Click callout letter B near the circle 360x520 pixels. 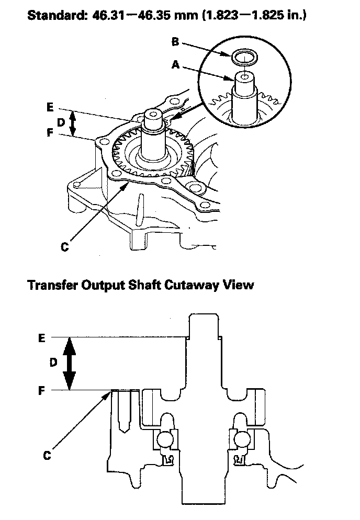pyautogui.click(x=175, y=42)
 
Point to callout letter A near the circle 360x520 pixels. pyautogui.click(x=176, y=65)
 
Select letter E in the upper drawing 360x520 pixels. pyautogui.click(x=50, y=107)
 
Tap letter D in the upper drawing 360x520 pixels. pyautogui.click(x=61, y=122)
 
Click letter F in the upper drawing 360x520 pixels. pyautogui.click(x=50, y=133)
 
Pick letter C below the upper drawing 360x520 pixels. pyautogui.click(x=65, y=247)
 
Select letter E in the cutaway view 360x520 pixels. pyautogui.click(x=42, y=338)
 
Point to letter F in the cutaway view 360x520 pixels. pyautogui.click(x=42, y=391)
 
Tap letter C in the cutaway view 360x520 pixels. pyautogui.click(x=47, y=456)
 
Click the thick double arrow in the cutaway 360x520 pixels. pyautogui.click(x=69, y=364)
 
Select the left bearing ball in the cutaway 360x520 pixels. pyautogui.click(x=165, y=440)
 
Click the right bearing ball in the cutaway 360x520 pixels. pyautogui.click(x=242, y=440)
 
